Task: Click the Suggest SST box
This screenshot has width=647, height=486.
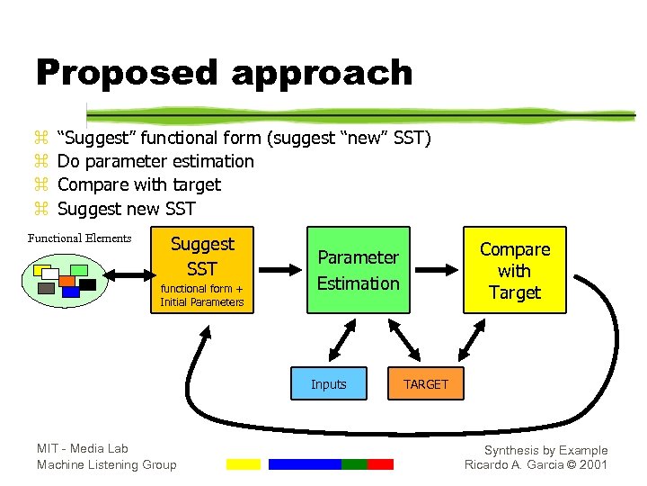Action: (x=202, y=270)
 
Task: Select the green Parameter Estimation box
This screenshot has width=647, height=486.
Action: (x=358, y=270)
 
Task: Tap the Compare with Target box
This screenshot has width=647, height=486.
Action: (x=515, y=270)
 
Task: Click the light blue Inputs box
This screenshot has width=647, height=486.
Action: (x=328, y=384)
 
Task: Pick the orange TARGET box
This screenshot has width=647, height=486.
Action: (x=425, y=384)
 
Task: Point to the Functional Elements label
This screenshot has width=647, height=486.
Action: (x=79, y=238)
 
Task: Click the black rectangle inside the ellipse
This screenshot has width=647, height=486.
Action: (x=87, y=284)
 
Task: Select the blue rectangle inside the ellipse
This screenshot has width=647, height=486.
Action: (x=70, y=292)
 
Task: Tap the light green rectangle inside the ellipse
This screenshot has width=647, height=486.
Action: (x=79, y=269)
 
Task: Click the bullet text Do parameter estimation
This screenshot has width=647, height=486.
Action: (x=155, y=161)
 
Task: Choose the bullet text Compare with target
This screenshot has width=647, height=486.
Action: (x=138, y=184)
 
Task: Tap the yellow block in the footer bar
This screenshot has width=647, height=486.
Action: (x=243, y=464)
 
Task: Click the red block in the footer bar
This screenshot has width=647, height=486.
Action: (x=380, y=464)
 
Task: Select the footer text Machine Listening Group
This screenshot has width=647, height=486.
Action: (x=106, y=464)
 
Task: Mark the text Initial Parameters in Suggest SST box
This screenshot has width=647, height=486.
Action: (x=202, y=302)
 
